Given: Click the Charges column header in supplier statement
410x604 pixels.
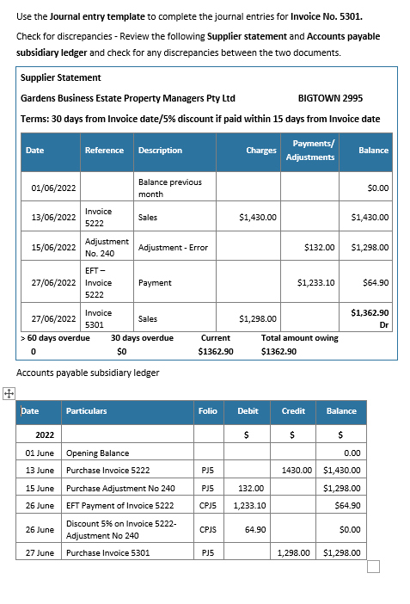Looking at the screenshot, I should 260,150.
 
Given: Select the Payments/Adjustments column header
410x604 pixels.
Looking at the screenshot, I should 310,150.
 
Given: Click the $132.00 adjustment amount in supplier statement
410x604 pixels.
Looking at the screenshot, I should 319,247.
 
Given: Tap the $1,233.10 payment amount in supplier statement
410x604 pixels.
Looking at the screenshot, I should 315,282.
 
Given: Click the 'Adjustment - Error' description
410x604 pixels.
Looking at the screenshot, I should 173,247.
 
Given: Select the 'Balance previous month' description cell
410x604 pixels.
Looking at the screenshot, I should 169,188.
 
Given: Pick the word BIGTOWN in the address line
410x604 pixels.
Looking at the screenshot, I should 318,97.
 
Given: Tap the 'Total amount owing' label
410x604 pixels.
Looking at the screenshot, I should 299,338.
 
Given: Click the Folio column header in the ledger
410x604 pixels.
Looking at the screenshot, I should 207,411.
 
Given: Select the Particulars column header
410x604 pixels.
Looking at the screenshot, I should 87,411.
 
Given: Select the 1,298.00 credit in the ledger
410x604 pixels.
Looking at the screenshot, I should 292,552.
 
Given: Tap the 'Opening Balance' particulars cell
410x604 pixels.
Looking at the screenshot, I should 97,453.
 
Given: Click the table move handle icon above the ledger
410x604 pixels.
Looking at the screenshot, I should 8,393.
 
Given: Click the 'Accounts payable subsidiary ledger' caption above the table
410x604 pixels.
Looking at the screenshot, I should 88,373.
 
